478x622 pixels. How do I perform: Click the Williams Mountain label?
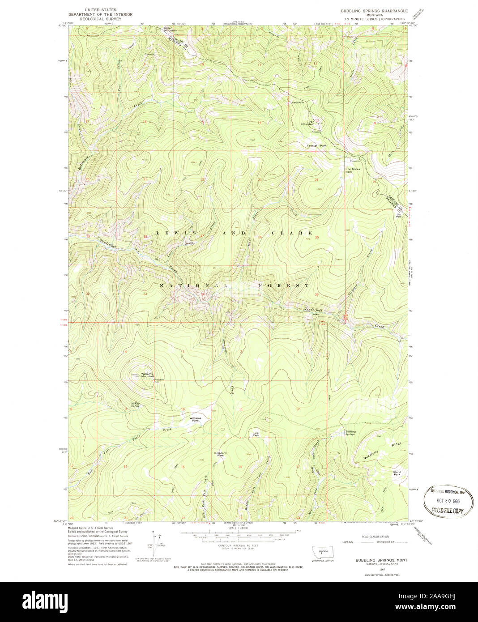coord(147,375)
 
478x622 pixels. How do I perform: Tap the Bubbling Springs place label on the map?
coord(350,433)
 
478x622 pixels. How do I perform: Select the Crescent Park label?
coord(220,454)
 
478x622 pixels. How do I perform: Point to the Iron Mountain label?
coord(307,123)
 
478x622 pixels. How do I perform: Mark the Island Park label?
coord(397,473)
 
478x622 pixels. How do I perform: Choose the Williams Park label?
coord(195,419)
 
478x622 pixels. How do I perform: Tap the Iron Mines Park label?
coord(352,170)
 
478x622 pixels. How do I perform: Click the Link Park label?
coord(256,434)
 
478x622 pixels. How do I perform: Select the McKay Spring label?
coord(135,405)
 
